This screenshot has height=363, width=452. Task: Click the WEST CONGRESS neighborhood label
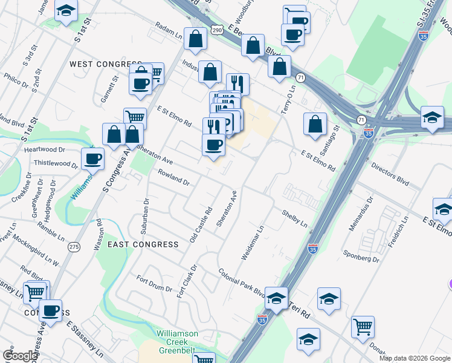105,64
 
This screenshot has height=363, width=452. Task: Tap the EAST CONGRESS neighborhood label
143,244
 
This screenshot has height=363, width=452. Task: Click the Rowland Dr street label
174,177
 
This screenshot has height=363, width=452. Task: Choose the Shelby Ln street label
295,218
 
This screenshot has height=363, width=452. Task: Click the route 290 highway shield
218,28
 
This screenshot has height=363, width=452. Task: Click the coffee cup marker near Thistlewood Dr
92,159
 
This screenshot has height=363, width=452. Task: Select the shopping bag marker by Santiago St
315,125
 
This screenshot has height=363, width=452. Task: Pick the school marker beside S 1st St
66,10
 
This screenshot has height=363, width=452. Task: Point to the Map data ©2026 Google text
414,358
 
